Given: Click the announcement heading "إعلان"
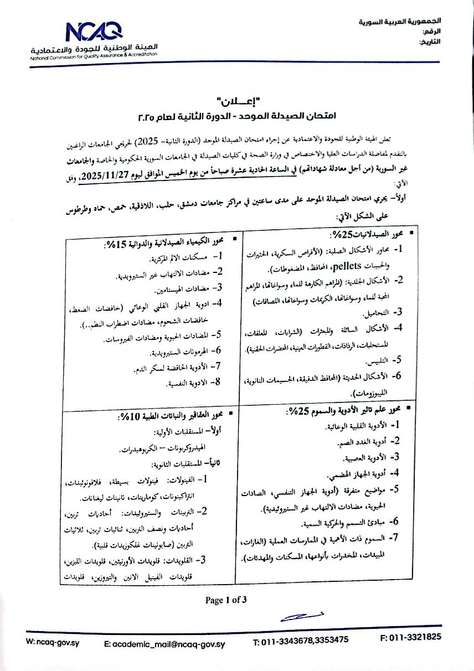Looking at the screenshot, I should pos(238,102).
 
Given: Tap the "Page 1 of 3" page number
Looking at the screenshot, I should pos(225,600).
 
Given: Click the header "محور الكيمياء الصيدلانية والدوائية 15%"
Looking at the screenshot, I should pos(164,244).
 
